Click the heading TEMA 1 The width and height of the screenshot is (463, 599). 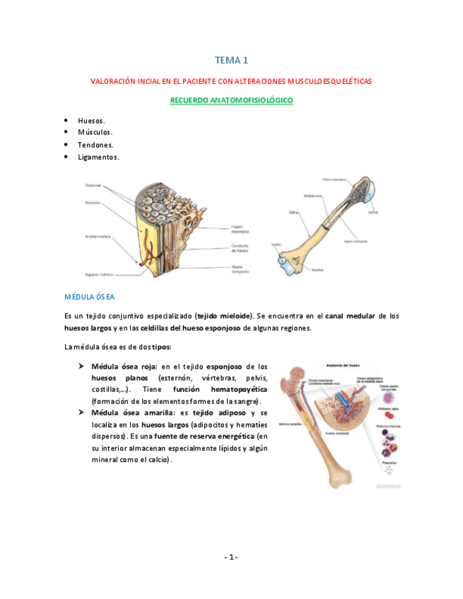[231, 61]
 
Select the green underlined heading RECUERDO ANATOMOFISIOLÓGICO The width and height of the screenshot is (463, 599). [231, 101]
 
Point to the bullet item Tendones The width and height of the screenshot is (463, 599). [95, 145]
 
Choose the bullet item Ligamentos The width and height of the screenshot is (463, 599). [98, 157]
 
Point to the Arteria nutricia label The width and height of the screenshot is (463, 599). [96, 236]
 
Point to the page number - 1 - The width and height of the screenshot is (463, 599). [231, 557]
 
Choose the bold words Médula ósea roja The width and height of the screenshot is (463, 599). [124, 367]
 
